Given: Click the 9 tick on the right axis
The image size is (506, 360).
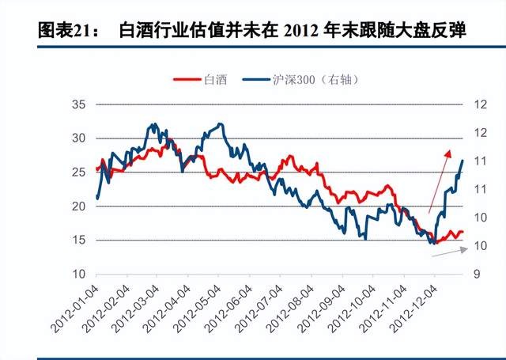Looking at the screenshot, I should [x=478, y=275].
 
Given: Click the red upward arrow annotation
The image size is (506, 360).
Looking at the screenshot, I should [x=439, y=181].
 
